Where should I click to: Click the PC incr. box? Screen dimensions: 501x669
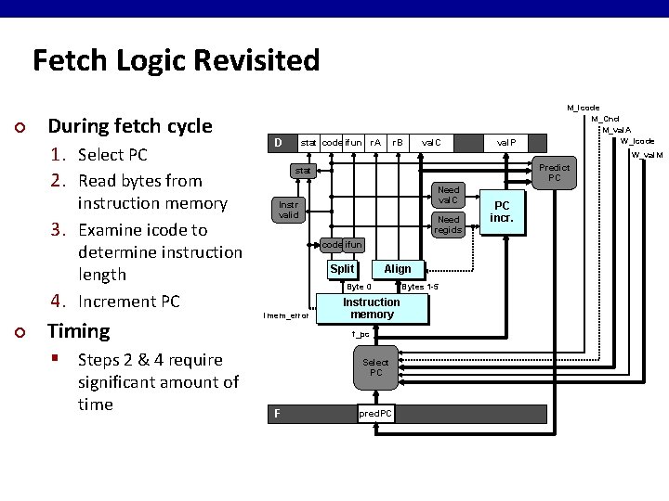coord(502,212)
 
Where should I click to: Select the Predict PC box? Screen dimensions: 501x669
coord(554,172)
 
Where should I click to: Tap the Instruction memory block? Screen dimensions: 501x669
coord(372,309)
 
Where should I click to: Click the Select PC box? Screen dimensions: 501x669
coord(376,367)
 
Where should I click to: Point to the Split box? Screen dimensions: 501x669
coord(342,268)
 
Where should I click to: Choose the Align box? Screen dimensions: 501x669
coord(398,268)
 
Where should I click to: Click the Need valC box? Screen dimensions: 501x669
coord(449,195)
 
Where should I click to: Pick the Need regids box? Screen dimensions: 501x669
coord(449,225)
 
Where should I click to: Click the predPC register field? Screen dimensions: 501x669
coord(375,414)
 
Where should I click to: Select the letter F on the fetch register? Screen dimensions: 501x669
coord(276,414)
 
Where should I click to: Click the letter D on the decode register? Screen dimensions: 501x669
coord(277,143)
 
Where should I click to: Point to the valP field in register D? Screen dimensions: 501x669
coord(507,143)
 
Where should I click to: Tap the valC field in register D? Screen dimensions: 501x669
coord(432,143)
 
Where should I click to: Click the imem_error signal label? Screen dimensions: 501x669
coord(285,315)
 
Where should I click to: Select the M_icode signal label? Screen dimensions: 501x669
coord(583,109)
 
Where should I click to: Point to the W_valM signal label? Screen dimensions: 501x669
coord(648,154)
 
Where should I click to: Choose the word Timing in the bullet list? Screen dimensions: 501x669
coord(78,330)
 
